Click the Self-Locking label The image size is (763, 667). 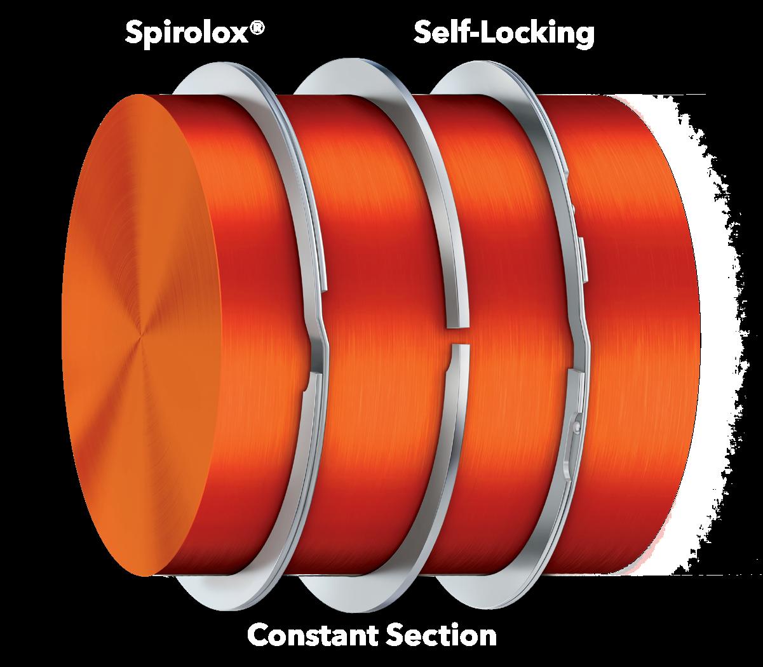504,34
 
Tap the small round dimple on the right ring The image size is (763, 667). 576,421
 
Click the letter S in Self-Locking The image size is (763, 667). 424,34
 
